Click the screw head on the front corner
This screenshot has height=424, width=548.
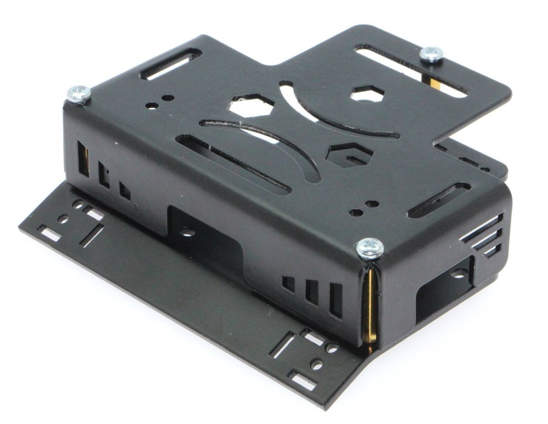(x=370, y=247)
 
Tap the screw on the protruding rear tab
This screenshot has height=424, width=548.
(x=431, y=54)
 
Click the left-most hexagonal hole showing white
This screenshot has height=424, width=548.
(x=251, y=106)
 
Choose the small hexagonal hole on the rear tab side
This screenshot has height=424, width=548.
(x=366, y=95)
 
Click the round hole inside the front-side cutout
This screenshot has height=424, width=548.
(x=187, y=232)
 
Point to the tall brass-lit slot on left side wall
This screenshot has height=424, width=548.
(x=83, y=159)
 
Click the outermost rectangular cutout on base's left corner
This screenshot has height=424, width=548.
(x=50, y=235)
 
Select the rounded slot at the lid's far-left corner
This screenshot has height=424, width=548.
(x=170, y=64)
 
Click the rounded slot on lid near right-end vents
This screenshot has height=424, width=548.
(x=439, y=200)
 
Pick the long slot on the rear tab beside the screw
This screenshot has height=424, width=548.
(x=411, y=70)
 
